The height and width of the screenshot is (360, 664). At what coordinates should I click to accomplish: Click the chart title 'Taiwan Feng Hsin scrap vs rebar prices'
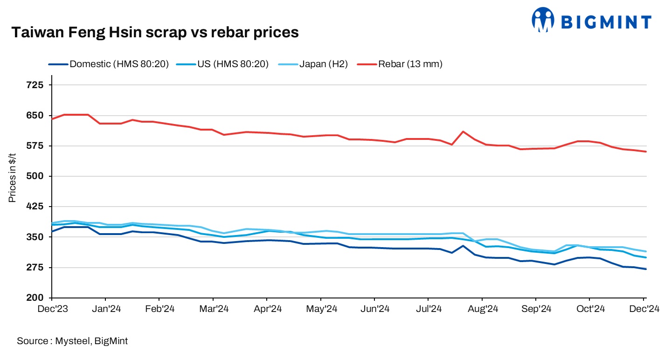pyautogui.click(x=154, y=32)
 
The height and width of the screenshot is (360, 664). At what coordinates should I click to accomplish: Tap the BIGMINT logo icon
pyautogui.click(x=542, y=20)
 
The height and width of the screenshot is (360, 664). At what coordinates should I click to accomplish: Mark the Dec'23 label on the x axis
pyautogui.click(x=52, y=309)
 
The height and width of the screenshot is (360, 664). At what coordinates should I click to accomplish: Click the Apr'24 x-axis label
pyautogui.click(x=267, y=309)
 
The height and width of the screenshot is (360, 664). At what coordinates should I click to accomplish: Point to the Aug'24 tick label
pyautogui.click(x=482, y=309)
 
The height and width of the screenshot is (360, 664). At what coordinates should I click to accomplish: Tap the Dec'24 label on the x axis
pyautogui.click(x=645, y=309)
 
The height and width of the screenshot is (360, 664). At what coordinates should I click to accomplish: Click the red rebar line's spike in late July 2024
pyautogui.click(x=463, y=132)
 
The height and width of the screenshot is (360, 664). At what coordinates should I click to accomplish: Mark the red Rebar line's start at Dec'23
pyautogui.click(x=52, y=119)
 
